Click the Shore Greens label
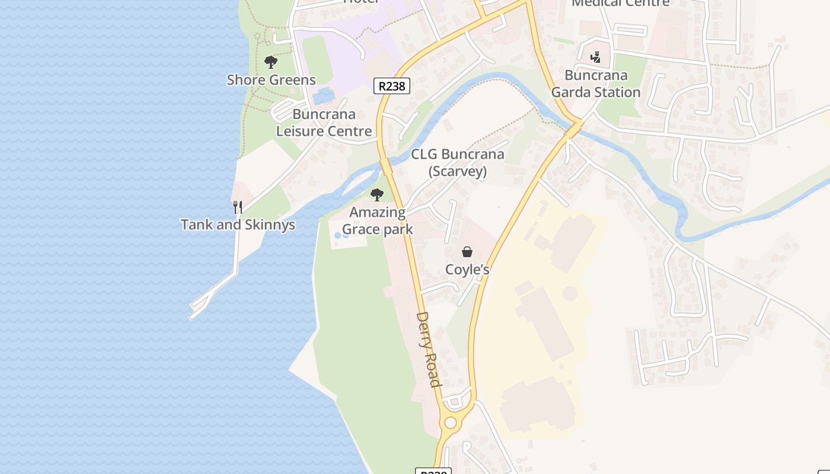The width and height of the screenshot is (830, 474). pyautogui.click(x=271, y=79)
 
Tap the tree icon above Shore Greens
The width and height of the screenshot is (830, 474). pyautogui.click(x=271, y=62)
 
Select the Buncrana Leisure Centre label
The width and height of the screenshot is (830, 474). pyautogui.click(x=324, y=123)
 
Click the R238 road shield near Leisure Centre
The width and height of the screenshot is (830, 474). pyautogui.click(x=392, y=86)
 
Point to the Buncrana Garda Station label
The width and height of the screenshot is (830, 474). pyautogui.click(x=596, y=84)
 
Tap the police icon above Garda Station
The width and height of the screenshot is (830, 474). pyautogui.click(x=596, y=57)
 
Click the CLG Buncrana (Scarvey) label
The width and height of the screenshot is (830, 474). pyautogui.click(x=458, y=163)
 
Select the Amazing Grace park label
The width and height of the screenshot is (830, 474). pyautogui.click(x=377, y=220)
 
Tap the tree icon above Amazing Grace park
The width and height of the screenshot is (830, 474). pyautogui.click(x=376, y=194)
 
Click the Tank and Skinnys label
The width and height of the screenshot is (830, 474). pyautogui.click(x=238, y=225)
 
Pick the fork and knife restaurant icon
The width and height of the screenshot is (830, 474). pyautogui.click(x=238, y=207)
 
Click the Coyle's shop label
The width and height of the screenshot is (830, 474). pyautogui.click(x=467, y=270)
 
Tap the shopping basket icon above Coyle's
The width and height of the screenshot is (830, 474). pyautogui.click(x=467, y=252)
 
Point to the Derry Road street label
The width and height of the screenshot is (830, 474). pyautogui.click(x=429, y=350)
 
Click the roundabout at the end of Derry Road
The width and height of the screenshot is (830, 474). pyautogui.click(x=451, y=422)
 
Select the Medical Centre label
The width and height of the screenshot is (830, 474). pyautogui.click(x=620, y=3)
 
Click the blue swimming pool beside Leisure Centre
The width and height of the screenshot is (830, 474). pyautogui.click(x=323, y=95)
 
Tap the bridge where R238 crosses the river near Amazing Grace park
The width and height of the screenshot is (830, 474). pyautogui.click(x=386, y=166)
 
